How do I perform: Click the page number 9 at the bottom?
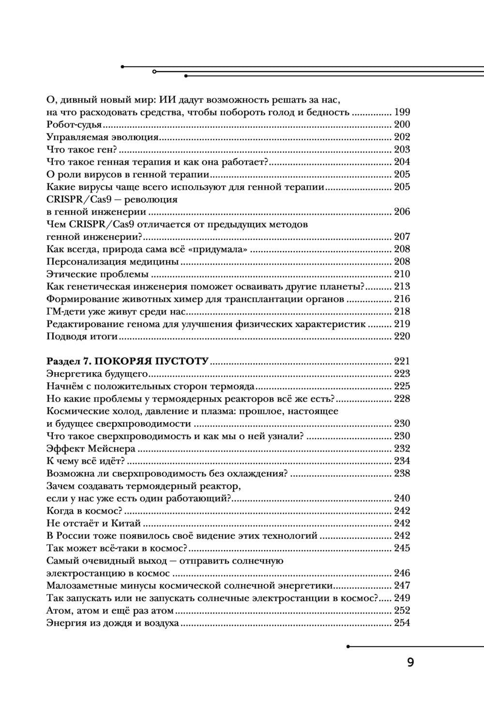pyautogui.click(x=410, y=663)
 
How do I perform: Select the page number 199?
pyautogui.click(x=402, y=112)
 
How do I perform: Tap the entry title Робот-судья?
pyautogui.click(x=74, y=125)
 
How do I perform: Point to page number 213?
pyautogui.click(x=402, y=287)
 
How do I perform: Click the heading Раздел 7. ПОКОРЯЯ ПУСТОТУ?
pyautogui.click(x=127, y=361)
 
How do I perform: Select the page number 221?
pyautogui.click(x=402, y=361)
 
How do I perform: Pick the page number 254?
pyautogui.click(x=402, y=623)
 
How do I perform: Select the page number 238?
pyautogui.click(x=402, y=473)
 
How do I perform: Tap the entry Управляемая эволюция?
pyautogui.click(x=103, y=137)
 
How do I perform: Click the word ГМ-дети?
pyautogui.click(x=65, y=312)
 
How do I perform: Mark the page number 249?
pyautogui.click(x=402, y=598)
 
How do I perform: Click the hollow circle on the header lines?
pyautogui.click(x=154, y=71)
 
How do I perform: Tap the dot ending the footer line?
pyautogui.click(x=348, y=646)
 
